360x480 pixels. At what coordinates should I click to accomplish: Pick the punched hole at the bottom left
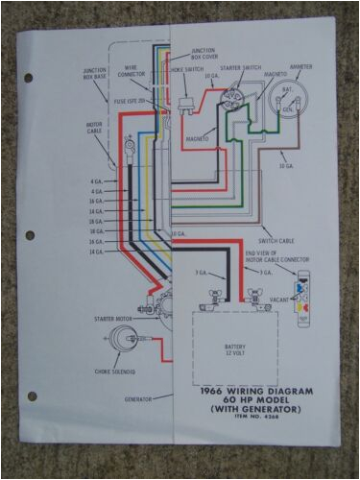(x=32, y=396)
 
